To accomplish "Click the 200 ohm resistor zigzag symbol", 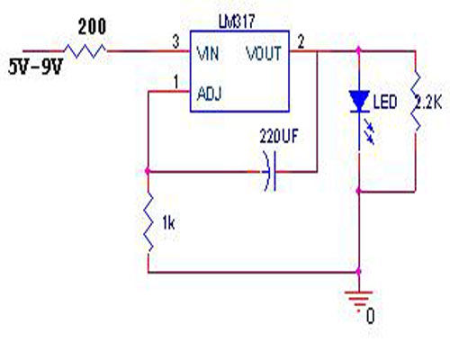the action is (x=85, y=50).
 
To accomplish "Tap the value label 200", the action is (x=92, y=26).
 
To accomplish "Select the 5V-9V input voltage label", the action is (x=36, y=67).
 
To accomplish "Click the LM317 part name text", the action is (x=237, y=22).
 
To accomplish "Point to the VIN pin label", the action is (x=208, y=53).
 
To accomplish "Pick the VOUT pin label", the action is (x=264, y=53).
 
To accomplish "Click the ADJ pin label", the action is (x=210, y=94).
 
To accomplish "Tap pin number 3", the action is (x=175, y=41).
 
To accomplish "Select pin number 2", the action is (x=301, y=41).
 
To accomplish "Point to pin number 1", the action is (x=176, y=82).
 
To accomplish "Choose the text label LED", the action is (x=385, y=102).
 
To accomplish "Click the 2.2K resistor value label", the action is (x=428, y=103).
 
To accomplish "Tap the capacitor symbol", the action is (x=270, y=171).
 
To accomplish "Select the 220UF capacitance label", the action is (x=279, y=136).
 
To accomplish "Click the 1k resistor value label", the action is (x=168, y=223).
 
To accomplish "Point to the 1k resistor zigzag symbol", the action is (x=148, y=222).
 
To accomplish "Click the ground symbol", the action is (x=358, y=298).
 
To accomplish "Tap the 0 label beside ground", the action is (x=371, y=316).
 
